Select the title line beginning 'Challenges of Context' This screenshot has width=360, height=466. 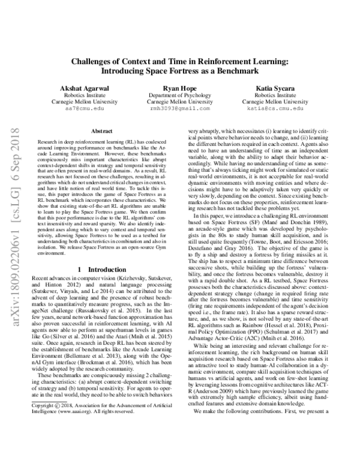click(180, 61)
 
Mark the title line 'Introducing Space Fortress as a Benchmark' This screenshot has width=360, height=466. click(180, 70)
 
